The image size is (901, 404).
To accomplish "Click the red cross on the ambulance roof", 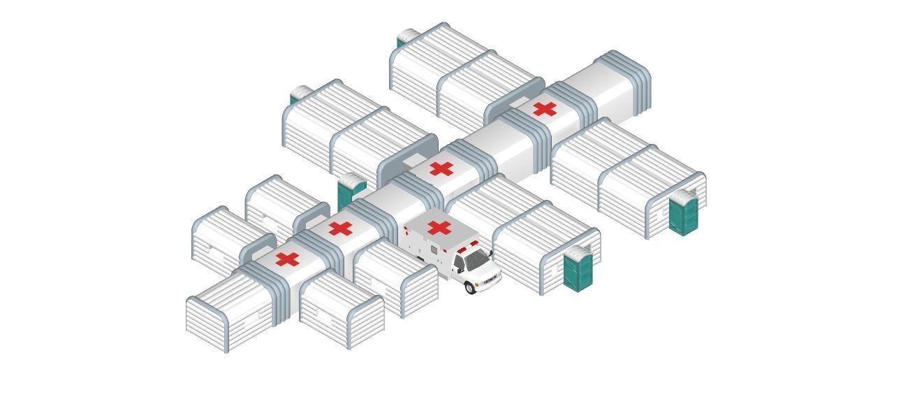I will [439, 227].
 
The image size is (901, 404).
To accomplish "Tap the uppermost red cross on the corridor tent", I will [545, 108].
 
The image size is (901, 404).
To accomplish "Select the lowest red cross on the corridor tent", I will [287, 259].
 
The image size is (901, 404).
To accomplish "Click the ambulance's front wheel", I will [471, 287].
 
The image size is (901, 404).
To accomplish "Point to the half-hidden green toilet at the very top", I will [401, 42].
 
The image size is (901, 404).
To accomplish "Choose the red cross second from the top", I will [441, 168].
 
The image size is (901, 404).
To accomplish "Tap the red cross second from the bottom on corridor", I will [340, 229].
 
